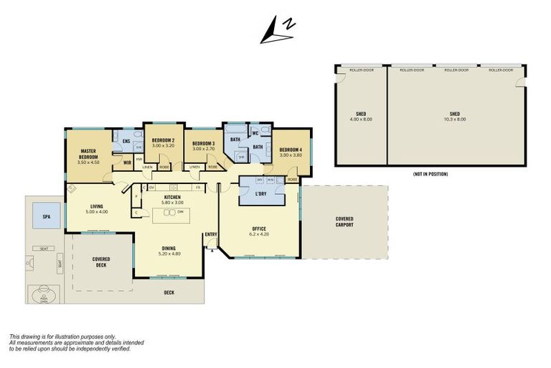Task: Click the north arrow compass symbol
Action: tap(277, 31)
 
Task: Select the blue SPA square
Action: tap(46, 216)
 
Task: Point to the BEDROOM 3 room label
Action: tap(203, 144)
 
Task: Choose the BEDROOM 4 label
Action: tap(291, 149)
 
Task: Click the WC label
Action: tap(255, 134)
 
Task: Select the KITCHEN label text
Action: tap(172, 196)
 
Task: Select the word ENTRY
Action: tap(210, 234)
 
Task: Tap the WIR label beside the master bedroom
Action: tap(126, 163)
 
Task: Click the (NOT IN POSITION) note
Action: tap(430, 174)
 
